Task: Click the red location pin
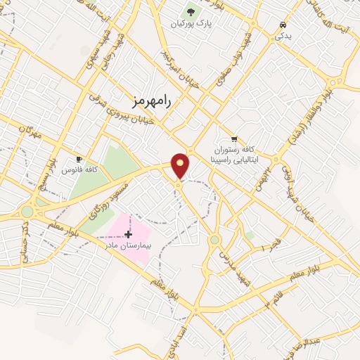[x=181, y=165]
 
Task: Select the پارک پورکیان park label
[x=191, y=24]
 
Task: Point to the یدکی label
[x=282, y=34]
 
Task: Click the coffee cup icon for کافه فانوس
[x=79, y=159]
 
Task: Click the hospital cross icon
[x=127, y=232]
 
